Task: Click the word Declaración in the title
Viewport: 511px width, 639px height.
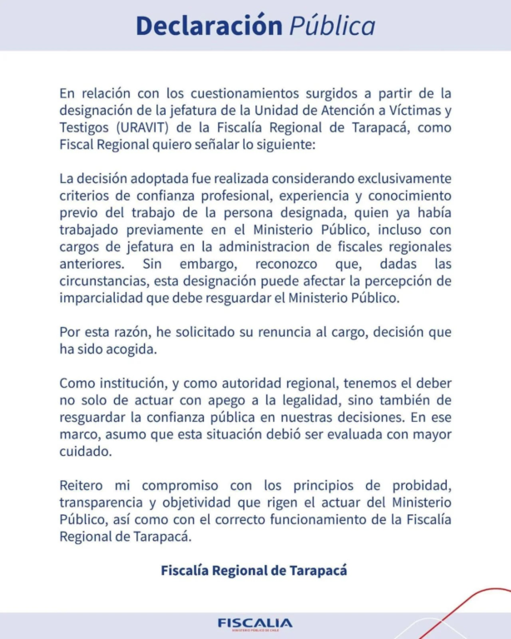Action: point(209,26)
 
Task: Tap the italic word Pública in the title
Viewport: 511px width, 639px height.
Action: point(332,26)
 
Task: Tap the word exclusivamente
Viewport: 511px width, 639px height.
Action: point(397,180)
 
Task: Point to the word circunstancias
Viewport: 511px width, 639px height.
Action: point(103,280)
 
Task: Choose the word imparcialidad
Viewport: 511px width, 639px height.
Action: point(105,297)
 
